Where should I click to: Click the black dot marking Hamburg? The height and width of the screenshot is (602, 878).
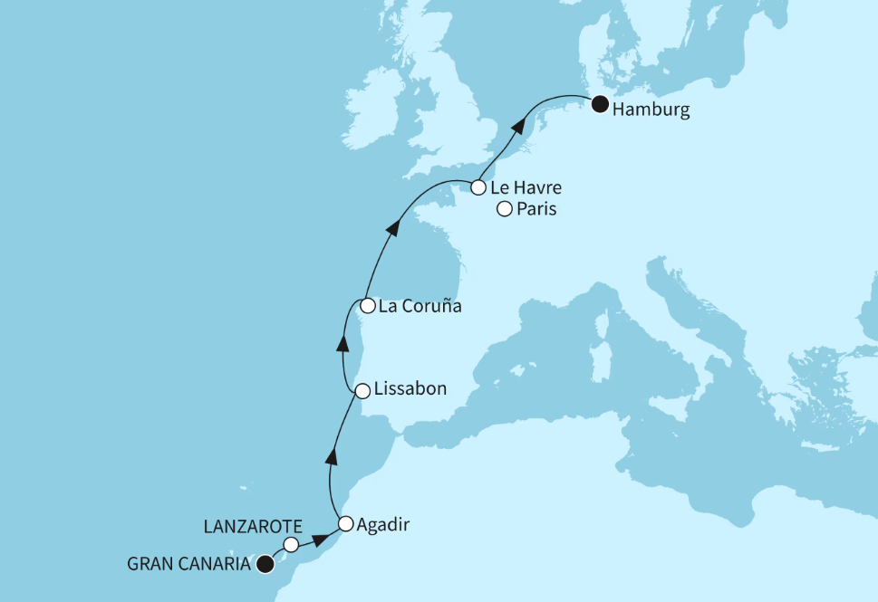599,105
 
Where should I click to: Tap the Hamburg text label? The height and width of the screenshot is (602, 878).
651,110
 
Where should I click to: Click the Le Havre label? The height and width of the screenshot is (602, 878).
525,188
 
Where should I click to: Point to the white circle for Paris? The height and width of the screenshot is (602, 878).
505,209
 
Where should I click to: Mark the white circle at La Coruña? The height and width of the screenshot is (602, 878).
367,306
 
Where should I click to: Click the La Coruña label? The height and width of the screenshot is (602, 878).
420,306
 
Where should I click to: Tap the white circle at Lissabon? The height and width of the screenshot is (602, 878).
362,391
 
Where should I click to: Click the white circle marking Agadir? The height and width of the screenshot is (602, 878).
345,523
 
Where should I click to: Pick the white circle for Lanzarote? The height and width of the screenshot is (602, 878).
291,544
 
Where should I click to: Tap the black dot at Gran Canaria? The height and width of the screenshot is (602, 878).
265,564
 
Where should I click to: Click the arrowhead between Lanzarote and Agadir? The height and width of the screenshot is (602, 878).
320,540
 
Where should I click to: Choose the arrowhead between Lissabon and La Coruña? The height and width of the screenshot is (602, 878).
343,341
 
